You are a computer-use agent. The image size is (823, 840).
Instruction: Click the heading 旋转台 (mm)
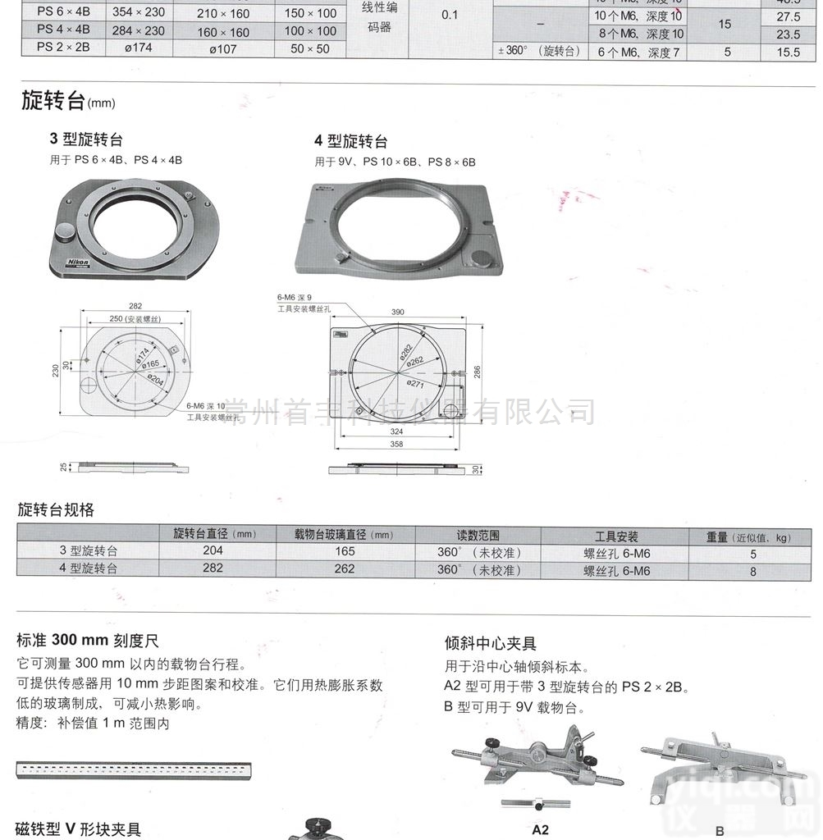pos(68,101)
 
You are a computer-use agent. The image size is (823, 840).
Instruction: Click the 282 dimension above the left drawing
pos(135,305)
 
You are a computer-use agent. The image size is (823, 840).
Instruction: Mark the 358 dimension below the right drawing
pos(397,445)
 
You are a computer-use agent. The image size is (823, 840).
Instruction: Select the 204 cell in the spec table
pos(213,551)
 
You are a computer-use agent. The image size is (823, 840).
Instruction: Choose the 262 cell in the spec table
pos(345,568)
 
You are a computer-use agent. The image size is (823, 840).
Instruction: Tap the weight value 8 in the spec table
pos(753,571)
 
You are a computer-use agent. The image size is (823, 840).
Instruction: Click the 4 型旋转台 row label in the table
pos(88,568)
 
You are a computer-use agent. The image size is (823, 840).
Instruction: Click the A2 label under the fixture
pos(541,829)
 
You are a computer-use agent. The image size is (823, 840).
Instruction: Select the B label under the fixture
pos(720,830)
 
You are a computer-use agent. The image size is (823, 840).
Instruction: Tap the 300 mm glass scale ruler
pos(134,770)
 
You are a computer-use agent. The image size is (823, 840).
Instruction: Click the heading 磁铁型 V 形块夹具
pos(79,829)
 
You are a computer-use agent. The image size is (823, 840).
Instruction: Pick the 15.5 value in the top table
pos(788,52)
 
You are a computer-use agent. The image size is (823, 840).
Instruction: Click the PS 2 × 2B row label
pos(64,48)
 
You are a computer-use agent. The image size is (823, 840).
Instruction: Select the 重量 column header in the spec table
pos(748,536)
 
